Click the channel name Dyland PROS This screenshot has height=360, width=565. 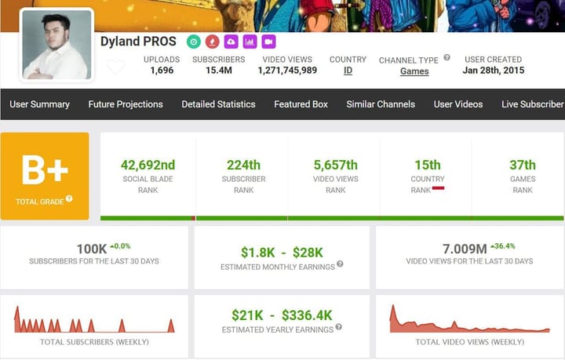[138, 41]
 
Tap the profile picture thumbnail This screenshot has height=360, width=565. [56, 45]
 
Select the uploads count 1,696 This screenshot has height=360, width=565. [161, 71]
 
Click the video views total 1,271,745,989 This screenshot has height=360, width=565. [287, 71]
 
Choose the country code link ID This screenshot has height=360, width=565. [348, 71]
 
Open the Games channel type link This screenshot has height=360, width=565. [414, 71]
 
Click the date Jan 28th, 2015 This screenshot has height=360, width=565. [494, 71]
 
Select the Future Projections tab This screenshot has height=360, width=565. [126, 104]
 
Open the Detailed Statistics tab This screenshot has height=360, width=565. [218, 104]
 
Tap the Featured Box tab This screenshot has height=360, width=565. [301, 104]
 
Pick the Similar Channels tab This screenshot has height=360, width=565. [381, 104]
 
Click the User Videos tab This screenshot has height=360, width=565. [458, 104]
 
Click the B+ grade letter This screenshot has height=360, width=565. [45, 170]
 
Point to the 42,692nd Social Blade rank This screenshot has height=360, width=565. [148, 165]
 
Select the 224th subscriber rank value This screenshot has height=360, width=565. [243, 165]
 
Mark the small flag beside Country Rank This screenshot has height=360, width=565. [439, 189]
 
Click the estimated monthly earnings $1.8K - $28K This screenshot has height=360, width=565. [282, 253]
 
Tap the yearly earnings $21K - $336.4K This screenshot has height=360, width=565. [282, 315]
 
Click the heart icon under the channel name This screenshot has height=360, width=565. [115, 67]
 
